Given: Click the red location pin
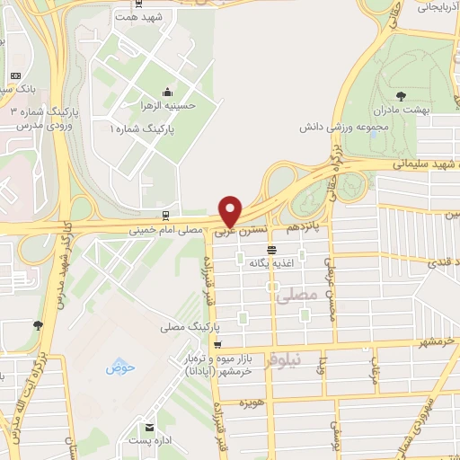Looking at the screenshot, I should [x=231, y=211].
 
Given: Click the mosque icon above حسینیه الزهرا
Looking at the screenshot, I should [x=167, y=93].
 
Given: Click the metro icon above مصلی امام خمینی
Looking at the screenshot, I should [x=163, y=216].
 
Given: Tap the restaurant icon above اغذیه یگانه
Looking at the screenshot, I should [x=271, y=249].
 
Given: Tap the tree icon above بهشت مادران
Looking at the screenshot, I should [x=400, y=94].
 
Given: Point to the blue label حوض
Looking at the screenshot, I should [x=119, y=367].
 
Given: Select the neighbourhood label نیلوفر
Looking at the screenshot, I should [x=310, y=360].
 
